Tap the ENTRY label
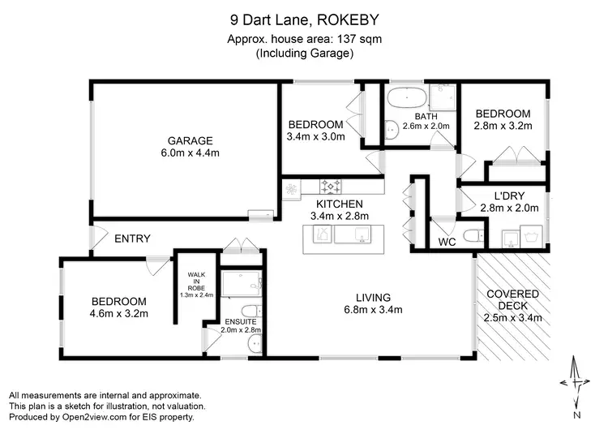coord(132,239)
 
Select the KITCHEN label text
coord(339,203)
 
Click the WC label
coord(446,243)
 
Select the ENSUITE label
coord(240,320)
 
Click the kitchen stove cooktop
coord(332,185)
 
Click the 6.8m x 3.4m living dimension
coord(373,309)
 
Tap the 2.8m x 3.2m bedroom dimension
coord(503,127)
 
